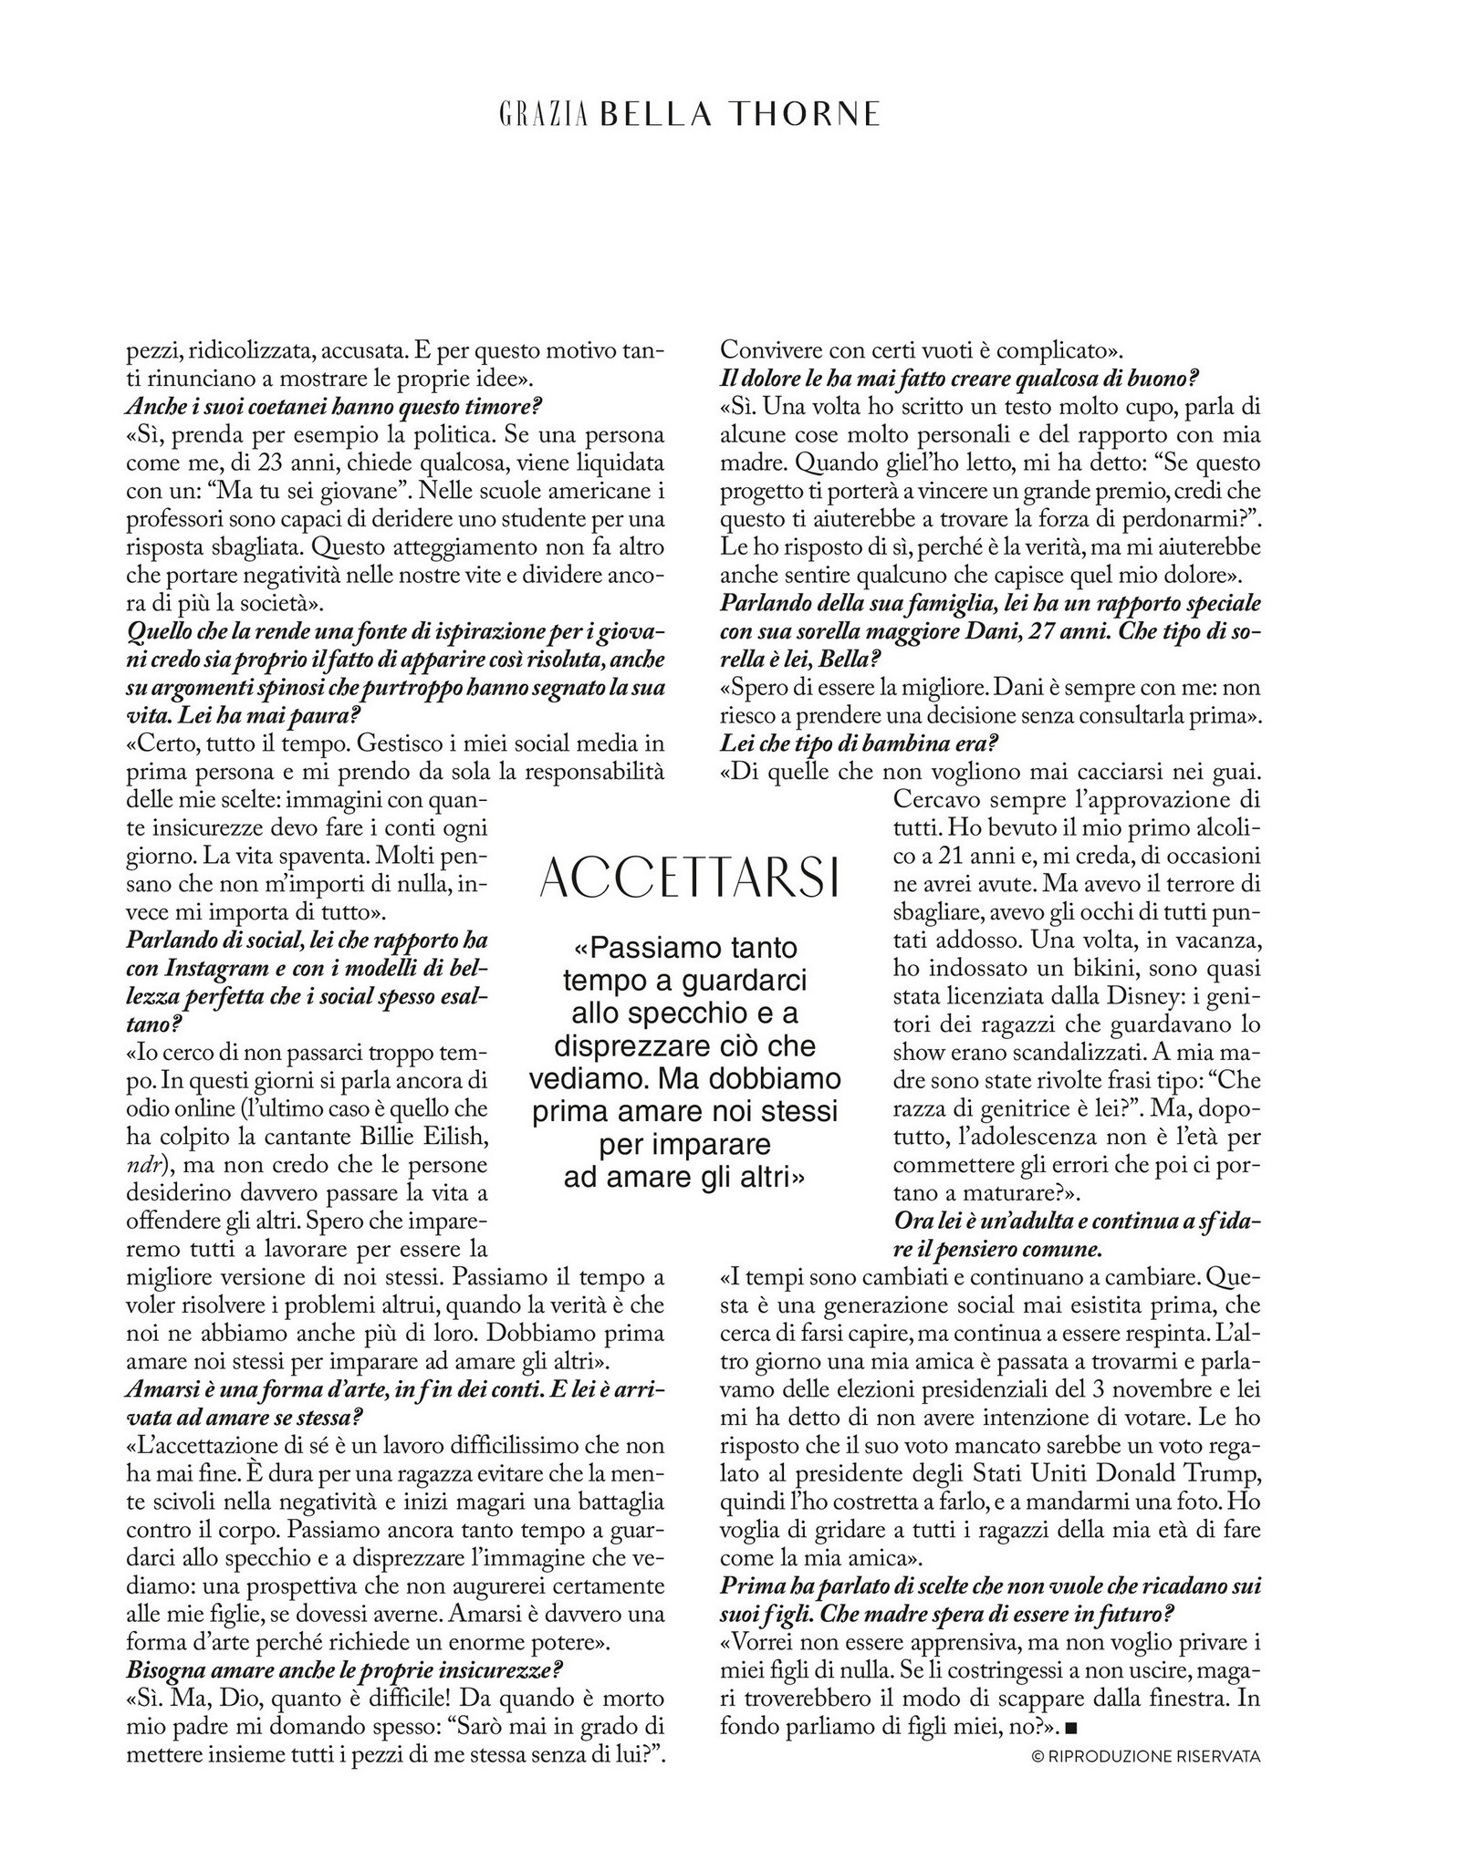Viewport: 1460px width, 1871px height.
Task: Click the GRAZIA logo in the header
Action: point(542,113)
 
